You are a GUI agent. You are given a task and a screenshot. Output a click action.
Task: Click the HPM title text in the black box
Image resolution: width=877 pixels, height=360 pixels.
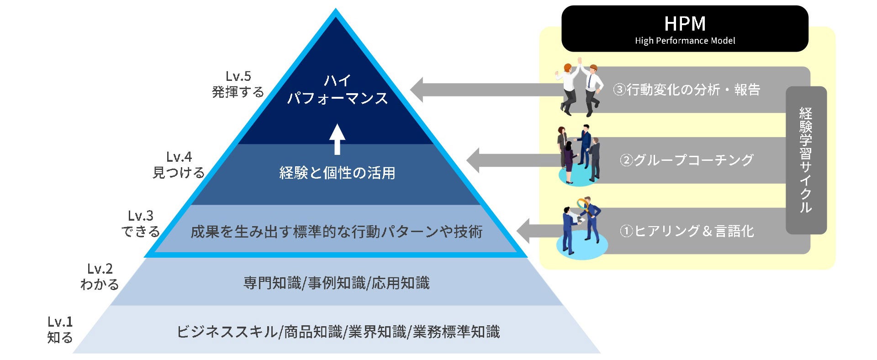coord(684,24)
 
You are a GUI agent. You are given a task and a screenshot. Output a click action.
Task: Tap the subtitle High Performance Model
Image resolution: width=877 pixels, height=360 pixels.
coord(685,41)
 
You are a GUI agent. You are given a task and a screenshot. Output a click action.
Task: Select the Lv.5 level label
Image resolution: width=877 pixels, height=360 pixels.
coord(238,76)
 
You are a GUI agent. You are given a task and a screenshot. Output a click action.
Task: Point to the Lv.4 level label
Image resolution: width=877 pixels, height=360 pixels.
coord(179,157)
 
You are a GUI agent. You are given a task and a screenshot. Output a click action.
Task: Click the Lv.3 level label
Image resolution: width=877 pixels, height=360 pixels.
coord(140,216)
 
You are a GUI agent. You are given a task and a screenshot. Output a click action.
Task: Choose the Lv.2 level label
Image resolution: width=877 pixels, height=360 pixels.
coord(100,269)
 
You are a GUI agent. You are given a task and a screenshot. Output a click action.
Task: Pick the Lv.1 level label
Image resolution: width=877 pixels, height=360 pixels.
coord(60,322)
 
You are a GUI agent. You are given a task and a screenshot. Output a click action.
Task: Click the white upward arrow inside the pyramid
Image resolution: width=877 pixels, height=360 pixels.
coord(337,139)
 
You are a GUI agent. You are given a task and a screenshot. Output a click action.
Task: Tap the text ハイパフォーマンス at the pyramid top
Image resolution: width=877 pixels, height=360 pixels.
coord(337,90)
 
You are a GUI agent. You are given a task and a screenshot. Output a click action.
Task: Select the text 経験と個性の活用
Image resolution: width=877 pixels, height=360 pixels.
coord(337,173)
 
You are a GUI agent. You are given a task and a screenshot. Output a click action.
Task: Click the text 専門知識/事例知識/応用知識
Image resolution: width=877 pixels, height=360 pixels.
coord(336,283)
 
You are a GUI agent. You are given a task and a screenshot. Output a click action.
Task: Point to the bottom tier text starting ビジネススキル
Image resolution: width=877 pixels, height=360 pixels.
coord(338,332)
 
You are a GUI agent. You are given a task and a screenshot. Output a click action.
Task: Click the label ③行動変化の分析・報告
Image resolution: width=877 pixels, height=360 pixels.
coord(686,90)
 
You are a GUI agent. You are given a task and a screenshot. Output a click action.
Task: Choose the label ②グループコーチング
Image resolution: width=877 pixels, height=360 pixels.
coord(686,160)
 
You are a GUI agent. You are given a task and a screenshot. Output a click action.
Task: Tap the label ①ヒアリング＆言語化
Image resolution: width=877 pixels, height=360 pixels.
coord(686,231)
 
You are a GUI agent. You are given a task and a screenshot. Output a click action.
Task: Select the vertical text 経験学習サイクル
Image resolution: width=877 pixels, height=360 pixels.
coord(806,160)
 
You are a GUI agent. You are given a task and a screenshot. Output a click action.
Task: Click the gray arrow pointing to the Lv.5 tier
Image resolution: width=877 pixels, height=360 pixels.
coord(484,90)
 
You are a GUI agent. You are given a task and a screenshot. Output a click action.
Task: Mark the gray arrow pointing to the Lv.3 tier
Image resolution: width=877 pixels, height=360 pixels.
coord(539,231)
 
